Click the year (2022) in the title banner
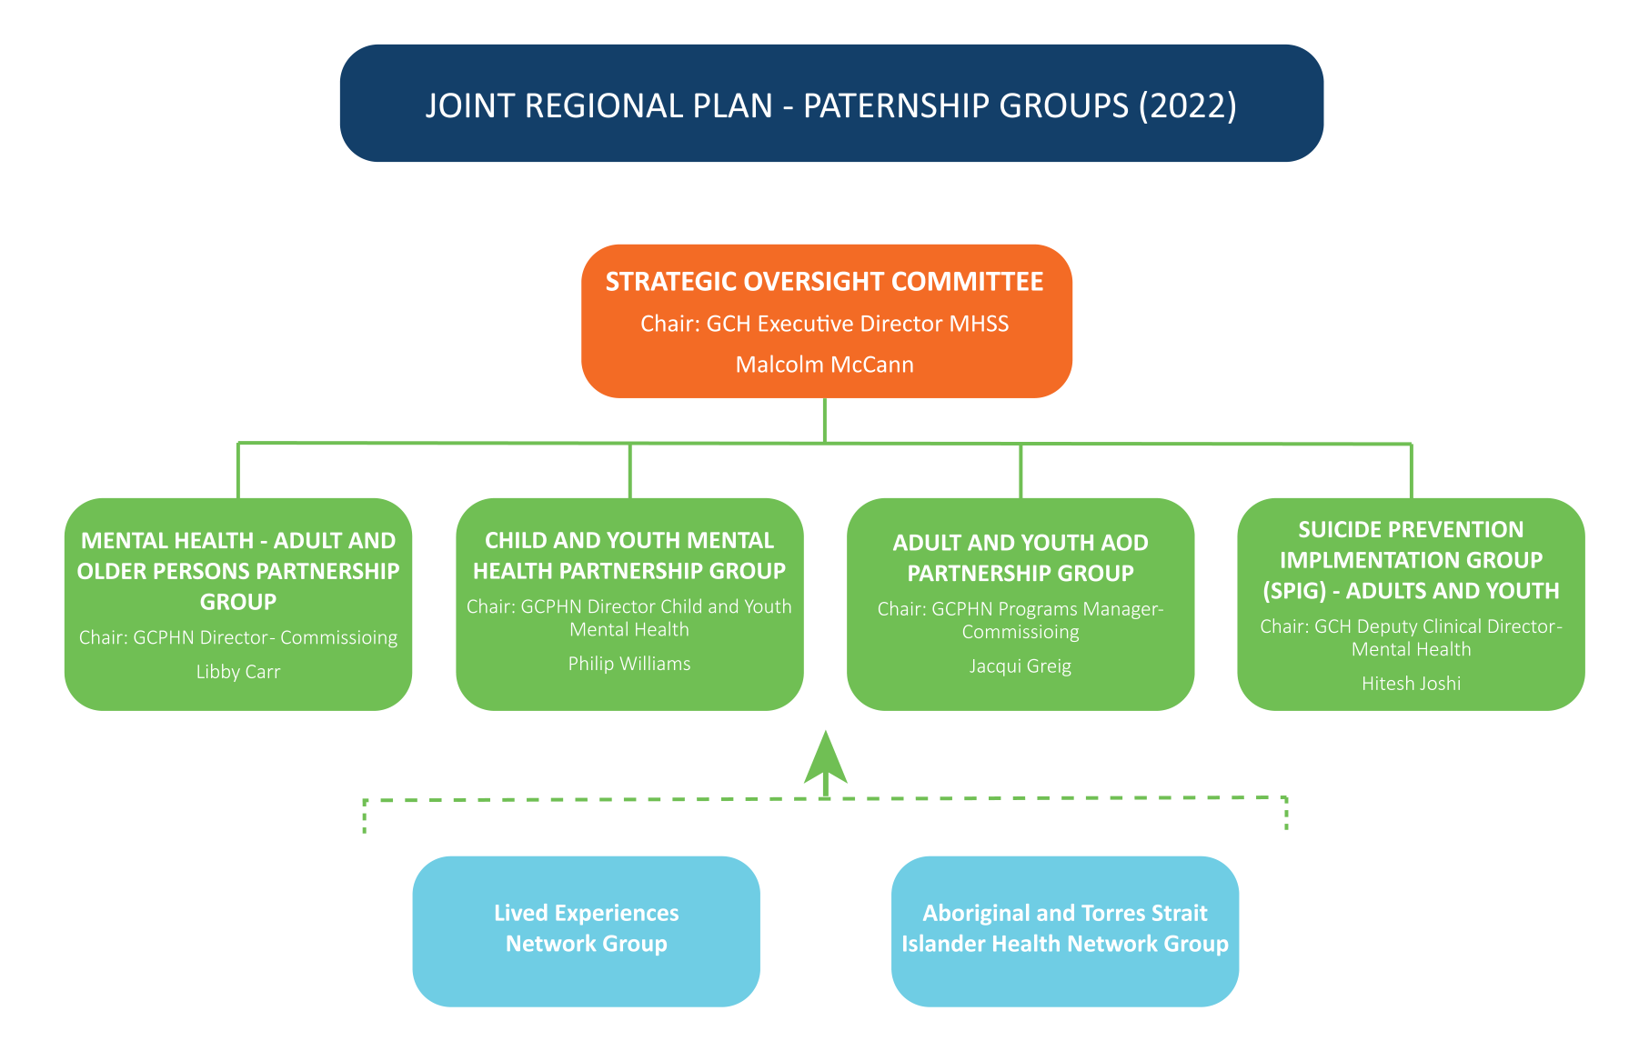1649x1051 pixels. click(x=1188, y=105)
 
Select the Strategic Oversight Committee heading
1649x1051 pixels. click(x=824, y=282)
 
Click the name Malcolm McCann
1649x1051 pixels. click(x=824, y=365)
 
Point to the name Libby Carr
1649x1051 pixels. click(x=238, y=672)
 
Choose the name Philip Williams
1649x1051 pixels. click(x=629, y=664)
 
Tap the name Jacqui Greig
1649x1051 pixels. click(x=1020, y=666)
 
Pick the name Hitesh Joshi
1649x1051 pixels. click(x=1411, y=684)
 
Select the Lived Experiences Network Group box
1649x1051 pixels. click(x=586, y=930)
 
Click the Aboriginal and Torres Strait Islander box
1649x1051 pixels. click(x=1064, y=930)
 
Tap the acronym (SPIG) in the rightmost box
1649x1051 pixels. click(x=1294, y=591)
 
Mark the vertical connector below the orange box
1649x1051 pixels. click(x=825, y=420)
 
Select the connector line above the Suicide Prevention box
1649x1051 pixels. click(x=1411, y=471)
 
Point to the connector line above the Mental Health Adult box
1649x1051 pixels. click(x=238, y=471)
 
